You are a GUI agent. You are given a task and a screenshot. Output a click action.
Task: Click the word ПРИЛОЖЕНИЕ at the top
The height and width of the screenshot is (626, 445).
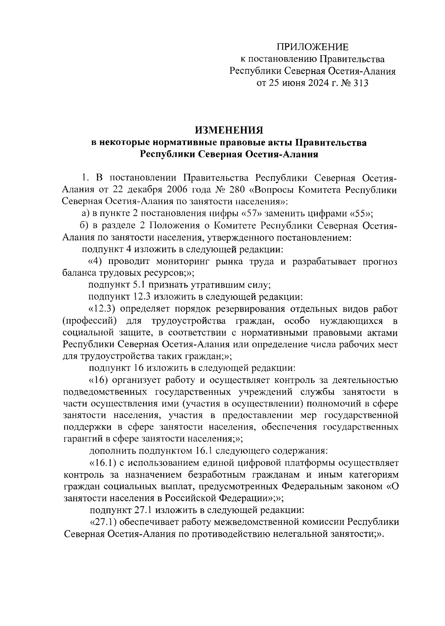tap(312, 47)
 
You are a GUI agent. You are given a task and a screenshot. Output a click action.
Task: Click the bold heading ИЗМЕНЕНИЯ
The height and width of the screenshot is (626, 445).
tap(229, 130)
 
